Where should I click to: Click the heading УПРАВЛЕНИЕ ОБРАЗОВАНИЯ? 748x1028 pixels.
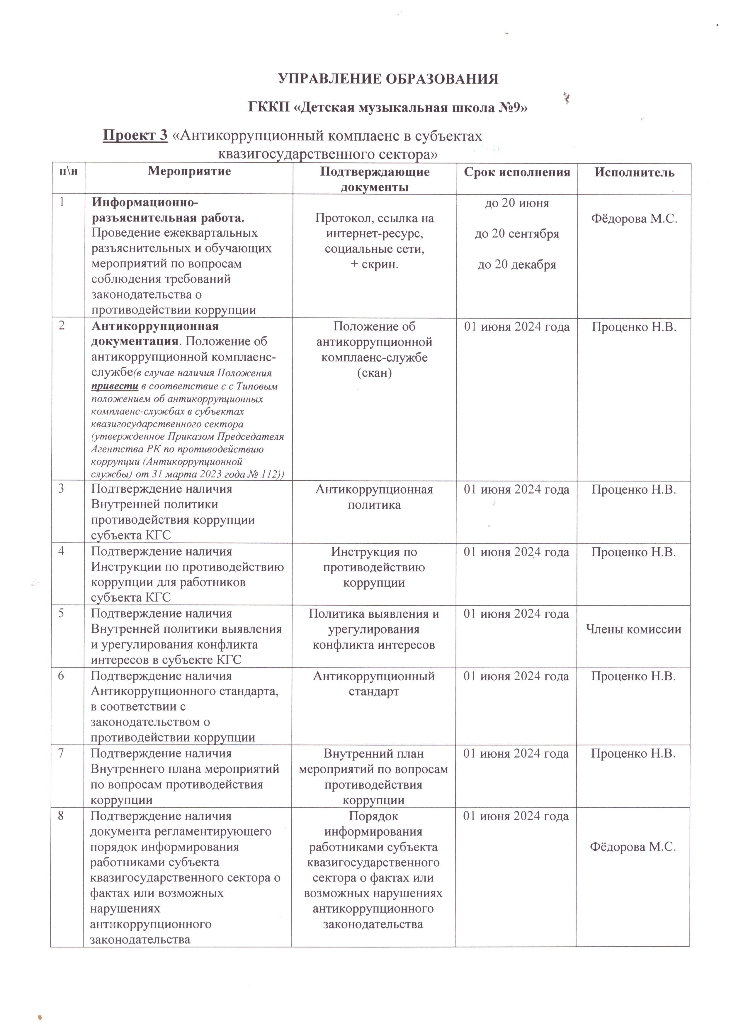(x=388, y=79)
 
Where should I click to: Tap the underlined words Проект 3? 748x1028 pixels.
(x=135, y=136)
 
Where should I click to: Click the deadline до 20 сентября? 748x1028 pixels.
(x=517, y=234)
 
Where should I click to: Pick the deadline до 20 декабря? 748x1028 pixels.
(x=517, y=265)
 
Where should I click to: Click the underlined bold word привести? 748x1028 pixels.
(x=115, y=387)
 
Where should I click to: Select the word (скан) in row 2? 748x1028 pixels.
(x=374, y=373)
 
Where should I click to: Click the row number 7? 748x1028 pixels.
(x=61, y=753)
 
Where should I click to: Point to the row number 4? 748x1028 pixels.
(x=61, y=551)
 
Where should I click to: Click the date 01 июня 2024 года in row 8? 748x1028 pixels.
(x=516, y=816)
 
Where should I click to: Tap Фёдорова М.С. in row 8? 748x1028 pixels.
(x=633, y=847)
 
